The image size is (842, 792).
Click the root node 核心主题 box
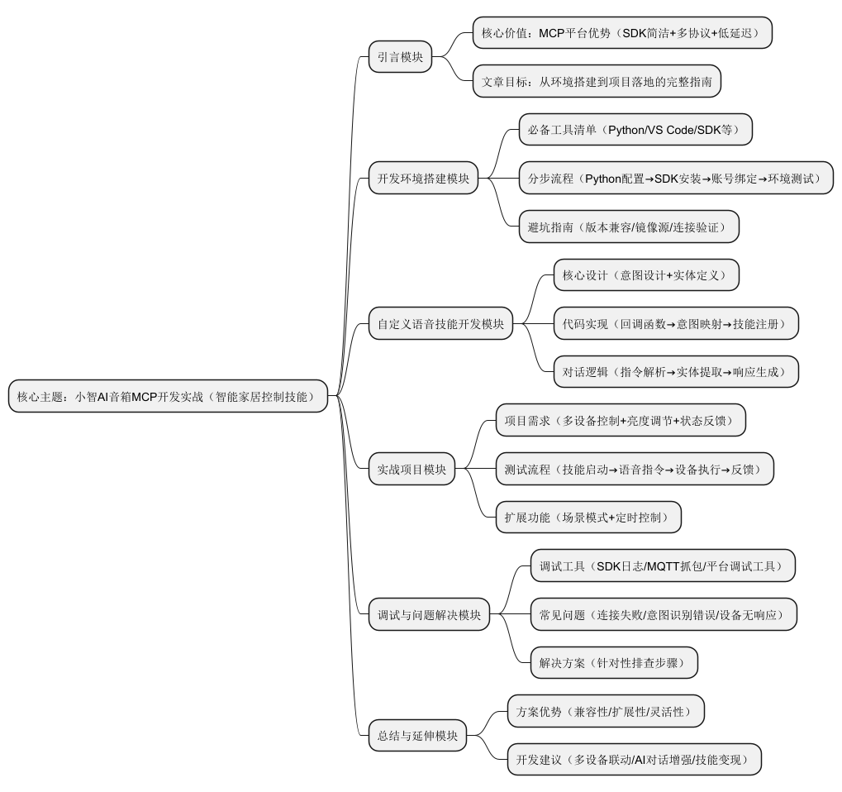click(168, 396)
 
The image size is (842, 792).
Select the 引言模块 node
click(400, 57)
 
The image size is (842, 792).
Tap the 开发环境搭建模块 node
click(423, 178)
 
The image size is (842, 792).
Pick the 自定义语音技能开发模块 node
click(440, 324)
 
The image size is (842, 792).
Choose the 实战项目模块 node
click(411, 470)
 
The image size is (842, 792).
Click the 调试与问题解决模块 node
click(429, 615)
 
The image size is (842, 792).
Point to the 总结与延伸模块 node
click(417, 736)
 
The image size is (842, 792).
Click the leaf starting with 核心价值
click(622, 33)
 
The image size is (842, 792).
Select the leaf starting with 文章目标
click(602, 81)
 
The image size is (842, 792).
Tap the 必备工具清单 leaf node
click(635, 130)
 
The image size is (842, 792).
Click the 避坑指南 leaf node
click(628, 227)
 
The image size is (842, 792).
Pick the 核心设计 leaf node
click(645, 275)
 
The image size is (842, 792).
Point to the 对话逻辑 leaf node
click(675, 372)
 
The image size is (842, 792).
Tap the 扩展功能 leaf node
click(587, 518)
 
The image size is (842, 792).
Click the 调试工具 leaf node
click(663, 566)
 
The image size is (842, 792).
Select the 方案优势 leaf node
click(606, 711)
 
